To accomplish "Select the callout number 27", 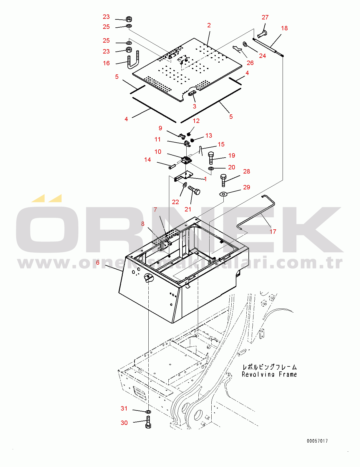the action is [x=265, y=17].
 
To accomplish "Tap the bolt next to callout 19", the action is [x=211, y=158].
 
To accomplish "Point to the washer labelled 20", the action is [x=211, y=168].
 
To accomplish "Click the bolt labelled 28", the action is [x=223, y=180].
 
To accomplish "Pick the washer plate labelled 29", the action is [x=223, y=194].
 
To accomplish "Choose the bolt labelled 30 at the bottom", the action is [x=148, y=422].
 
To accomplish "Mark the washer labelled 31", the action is [x=148, y=411].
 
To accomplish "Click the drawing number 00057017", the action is [x=317, y=441].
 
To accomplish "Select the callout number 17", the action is [x=273, y=231].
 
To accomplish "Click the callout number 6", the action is [x=98, y=262].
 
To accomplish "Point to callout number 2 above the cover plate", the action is [x=209, y=25].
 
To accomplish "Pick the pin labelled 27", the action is [x=262, y=34].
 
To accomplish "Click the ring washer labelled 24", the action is [x=245, y=44].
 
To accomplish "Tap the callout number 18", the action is [x=284, y=28].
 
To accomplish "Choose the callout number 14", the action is [x=147, y=159].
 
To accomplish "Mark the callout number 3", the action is [x=194, y=106].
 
